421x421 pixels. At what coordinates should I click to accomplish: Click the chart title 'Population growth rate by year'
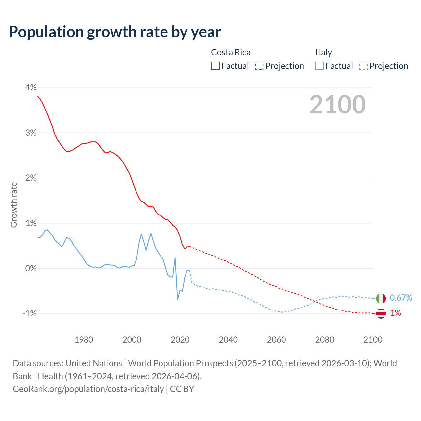[115, 32]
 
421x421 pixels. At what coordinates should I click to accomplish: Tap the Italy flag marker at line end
[381, 298]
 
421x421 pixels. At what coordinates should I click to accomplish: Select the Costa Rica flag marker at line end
[381, 313]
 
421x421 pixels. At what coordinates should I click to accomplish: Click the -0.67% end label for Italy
[400, 298]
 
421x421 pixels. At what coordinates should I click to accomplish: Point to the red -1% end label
[395, 313]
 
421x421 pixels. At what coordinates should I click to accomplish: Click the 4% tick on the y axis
[31, 87]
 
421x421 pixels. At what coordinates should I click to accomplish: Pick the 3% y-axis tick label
[31, 133]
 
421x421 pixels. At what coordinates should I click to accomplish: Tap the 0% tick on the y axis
[31, 269]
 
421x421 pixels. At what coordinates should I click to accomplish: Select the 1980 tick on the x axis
[84, 340]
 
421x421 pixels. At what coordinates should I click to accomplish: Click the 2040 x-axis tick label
[228, 340]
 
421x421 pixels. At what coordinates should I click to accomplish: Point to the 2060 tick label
[276, 340]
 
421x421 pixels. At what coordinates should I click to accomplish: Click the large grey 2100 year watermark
[337, 105]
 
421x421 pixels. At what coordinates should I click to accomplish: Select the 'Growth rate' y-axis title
[14, 205]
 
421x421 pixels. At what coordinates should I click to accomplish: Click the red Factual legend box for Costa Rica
[215, 66]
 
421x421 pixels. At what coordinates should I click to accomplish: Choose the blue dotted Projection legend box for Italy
[363, 66]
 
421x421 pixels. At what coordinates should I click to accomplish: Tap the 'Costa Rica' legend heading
[231, 52]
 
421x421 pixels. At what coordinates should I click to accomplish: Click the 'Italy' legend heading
[323, 52]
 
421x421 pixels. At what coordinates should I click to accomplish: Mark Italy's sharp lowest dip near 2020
[178, 299]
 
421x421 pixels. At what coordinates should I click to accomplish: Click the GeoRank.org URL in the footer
[88, 389]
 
